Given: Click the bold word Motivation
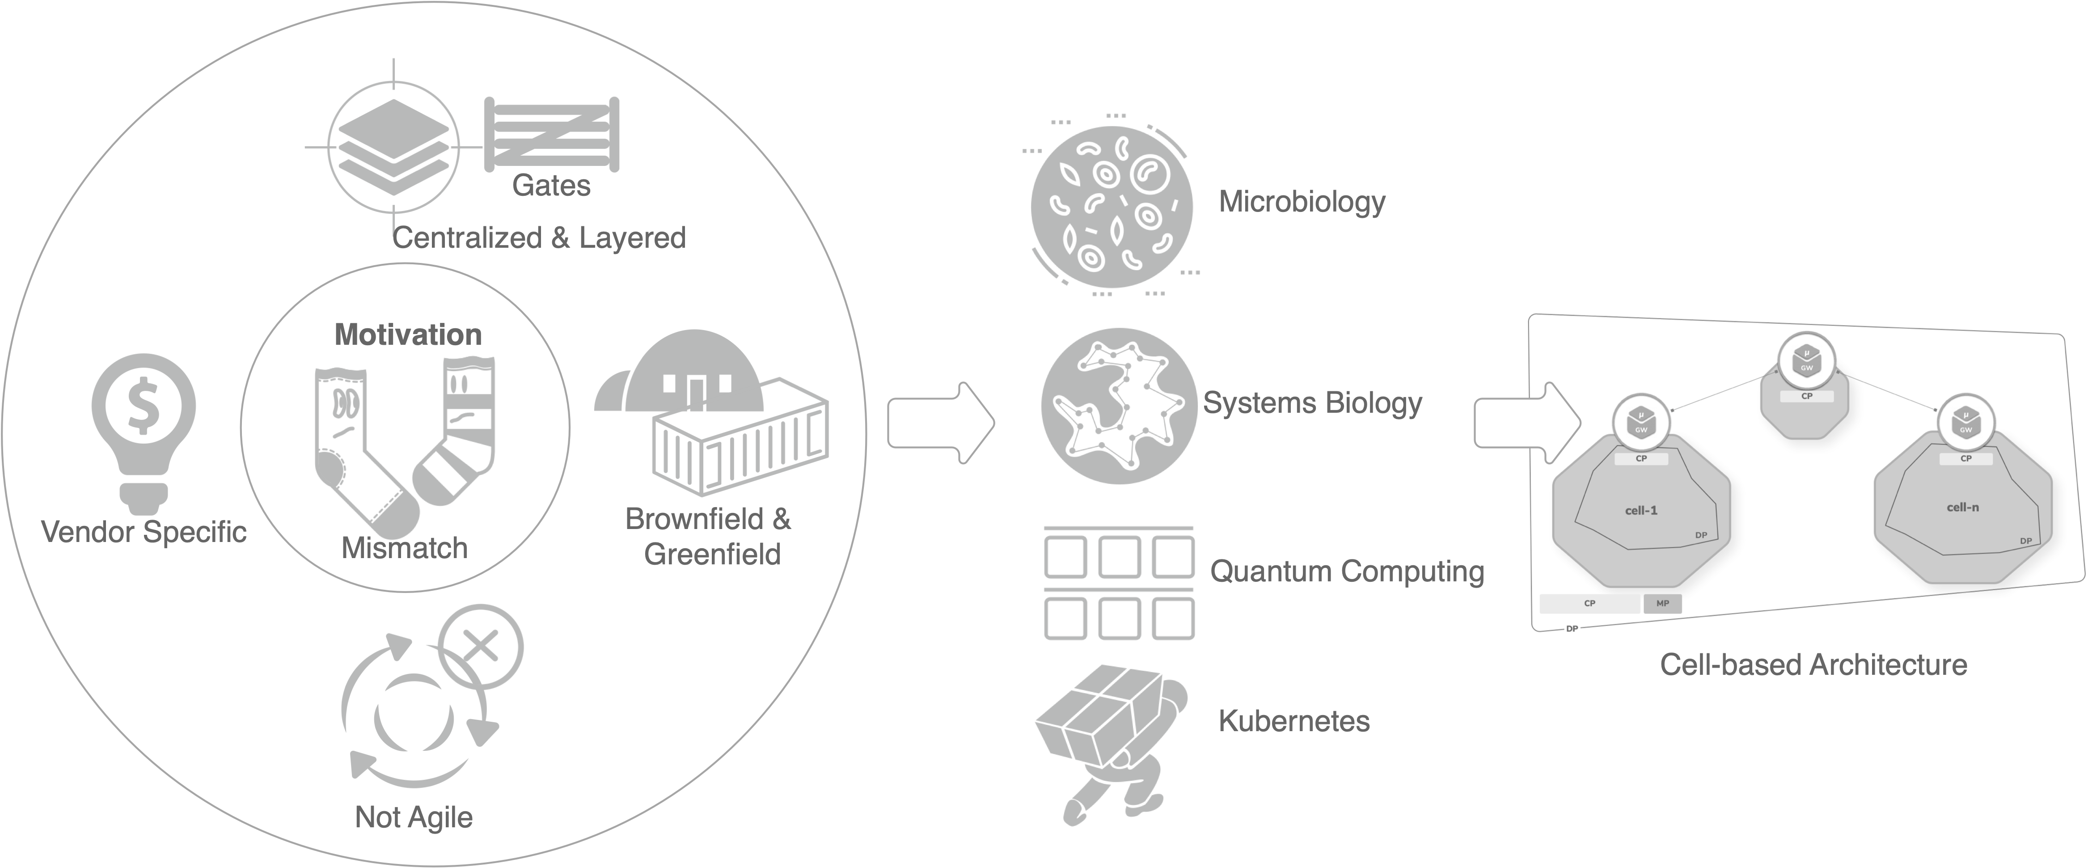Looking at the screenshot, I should (408, 334).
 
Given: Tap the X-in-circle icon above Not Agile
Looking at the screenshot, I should (481, 647).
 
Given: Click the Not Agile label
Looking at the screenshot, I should (414, 817).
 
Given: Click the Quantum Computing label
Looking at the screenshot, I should (1346, 572).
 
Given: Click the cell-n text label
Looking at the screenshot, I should (1962, 508).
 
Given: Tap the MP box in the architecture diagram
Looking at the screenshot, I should (1662, 603).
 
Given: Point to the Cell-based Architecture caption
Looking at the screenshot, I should (1813, 665).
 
